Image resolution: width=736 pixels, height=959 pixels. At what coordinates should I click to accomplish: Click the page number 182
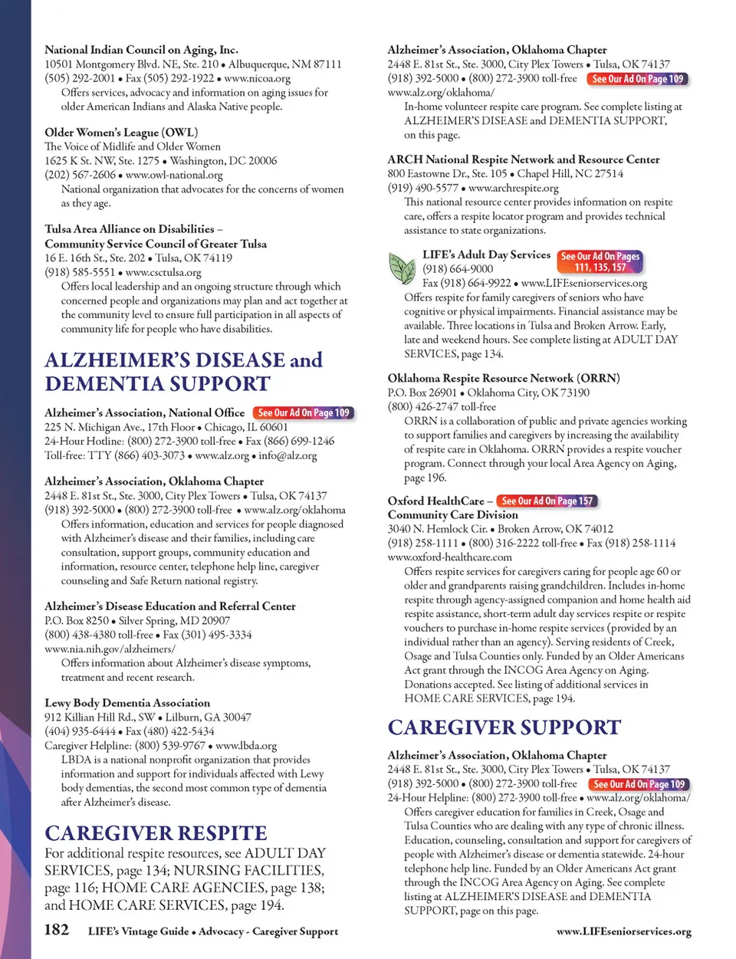point(57,930)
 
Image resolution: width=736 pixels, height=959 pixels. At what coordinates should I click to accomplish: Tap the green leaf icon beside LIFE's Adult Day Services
point(402,268)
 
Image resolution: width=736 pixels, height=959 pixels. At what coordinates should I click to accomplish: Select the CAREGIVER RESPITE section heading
point(156,833)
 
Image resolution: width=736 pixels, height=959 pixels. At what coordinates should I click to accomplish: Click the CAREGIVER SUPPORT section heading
point(504,727)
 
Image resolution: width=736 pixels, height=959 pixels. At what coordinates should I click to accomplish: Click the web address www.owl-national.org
point(174,175)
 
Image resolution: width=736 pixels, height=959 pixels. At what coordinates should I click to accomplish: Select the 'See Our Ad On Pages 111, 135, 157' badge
point(600,261)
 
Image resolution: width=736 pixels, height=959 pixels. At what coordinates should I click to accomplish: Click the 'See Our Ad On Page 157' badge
point(547,501)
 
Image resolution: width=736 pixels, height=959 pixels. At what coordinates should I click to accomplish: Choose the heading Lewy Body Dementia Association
point(127,703)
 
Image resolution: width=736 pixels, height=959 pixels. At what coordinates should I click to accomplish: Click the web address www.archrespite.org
point(513,188)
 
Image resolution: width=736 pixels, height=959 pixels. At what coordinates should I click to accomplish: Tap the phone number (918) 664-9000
point(458,269)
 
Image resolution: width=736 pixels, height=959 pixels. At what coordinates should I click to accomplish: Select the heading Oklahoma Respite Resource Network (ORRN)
point(504,378)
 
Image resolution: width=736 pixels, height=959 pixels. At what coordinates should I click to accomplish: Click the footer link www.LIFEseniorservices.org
point(623,931)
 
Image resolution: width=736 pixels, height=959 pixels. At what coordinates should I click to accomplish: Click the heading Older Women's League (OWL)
point(121,133)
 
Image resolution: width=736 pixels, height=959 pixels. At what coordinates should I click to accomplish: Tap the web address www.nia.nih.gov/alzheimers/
point(110,649)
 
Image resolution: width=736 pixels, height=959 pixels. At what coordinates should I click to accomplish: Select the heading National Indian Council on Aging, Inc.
point(141,50)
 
